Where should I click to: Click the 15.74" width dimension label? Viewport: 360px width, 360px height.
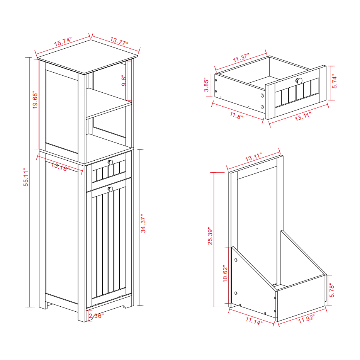pos(63,41)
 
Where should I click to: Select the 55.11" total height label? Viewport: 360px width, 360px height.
pos(26,177)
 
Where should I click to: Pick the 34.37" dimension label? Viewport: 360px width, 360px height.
pos(143,224)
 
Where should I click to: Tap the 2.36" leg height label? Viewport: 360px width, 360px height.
pos(96,316)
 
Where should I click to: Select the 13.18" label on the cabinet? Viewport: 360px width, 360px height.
pos(60,167)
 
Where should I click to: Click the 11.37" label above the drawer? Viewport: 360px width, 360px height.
pos(241,58)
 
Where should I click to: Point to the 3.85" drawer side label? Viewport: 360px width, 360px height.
pos(207,85)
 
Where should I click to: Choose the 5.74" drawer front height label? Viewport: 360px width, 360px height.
pos(335,81)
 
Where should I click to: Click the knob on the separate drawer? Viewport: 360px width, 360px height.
pos(299,81)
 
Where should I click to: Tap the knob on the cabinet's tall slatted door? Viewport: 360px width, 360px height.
pos(110,189)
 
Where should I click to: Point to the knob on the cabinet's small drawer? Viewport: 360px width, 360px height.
pos(110,162)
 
